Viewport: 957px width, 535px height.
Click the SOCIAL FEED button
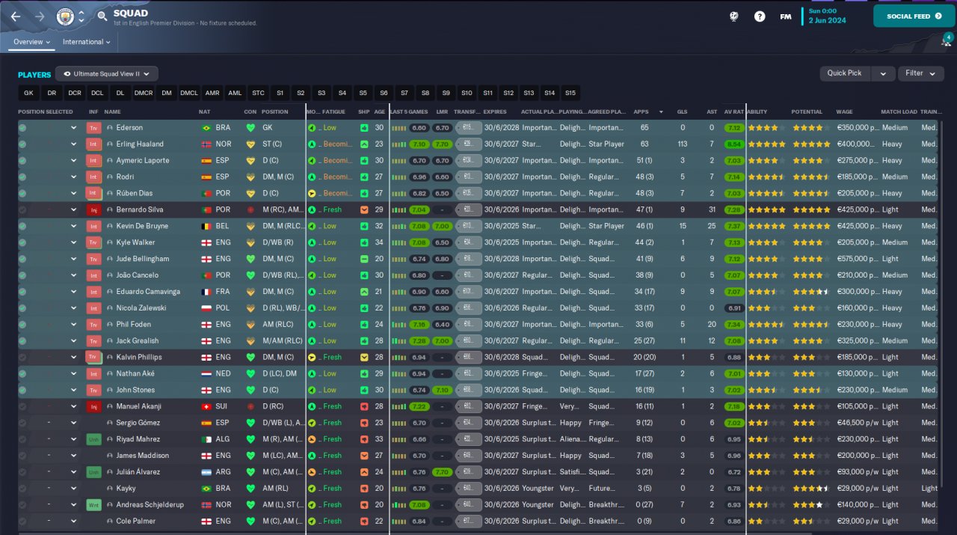pos(914,16)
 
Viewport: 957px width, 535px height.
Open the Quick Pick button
pos(844,73)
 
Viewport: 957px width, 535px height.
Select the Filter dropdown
pos(920,73)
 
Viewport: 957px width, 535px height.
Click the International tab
pos(86,42)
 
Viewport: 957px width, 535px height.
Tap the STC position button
pos(258,94)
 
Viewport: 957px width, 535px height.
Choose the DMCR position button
pos(144,94)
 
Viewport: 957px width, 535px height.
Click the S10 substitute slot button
pos(467,94)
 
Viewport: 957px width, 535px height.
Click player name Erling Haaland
pos(140,144)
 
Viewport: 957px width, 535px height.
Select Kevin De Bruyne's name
pos(142,226)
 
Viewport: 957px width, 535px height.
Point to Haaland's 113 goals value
pos(682,144)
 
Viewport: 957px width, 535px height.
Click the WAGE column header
pos(844,112)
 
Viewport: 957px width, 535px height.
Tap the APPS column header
pos(641,112)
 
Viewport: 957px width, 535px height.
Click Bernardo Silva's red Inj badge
pos(93,210)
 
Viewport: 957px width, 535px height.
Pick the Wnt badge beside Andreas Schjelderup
pos(93,505)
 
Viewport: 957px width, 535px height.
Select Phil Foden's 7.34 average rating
pos(733,325)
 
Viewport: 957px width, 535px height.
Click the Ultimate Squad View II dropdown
pos(106,74)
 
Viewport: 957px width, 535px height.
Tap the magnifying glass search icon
pos(102,16)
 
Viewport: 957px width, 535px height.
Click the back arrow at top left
pos(16,16)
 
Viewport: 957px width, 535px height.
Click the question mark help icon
pos(760,16)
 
